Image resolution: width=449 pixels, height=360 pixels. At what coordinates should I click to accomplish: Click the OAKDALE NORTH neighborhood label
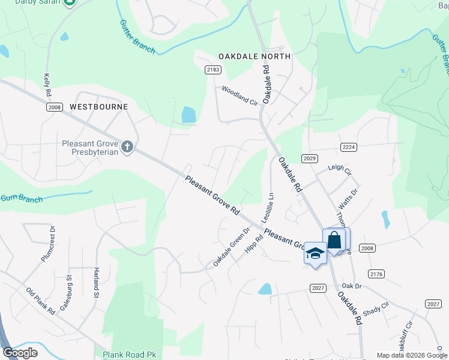coord(254,56)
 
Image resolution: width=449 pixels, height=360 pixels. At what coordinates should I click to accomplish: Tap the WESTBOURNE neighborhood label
coord(99,107)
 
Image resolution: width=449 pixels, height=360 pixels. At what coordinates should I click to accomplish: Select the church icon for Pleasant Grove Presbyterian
coord(127,147)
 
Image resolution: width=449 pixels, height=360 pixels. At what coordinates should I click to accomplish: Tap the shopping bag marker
coord(334,239)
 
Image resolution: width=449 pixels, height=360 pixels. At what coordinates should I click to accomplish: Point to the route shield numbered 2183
coord(213,70)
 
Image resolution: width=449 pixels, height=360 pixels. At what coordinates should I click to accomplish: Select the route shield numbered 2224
coord(349,147)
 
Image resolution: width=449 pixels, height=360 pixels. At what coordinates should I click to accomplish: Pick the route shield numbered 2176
coord(376,274)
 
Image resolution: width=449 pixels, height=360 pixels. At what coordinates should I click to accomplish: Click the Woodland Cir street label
coord(240,95)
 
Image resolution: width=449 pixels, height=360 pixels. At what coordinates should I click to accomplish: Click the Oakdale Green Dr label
coord(231,248)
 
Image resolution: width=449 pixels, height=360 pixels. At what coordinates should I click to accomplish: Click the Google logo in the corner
coord(20,353)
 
